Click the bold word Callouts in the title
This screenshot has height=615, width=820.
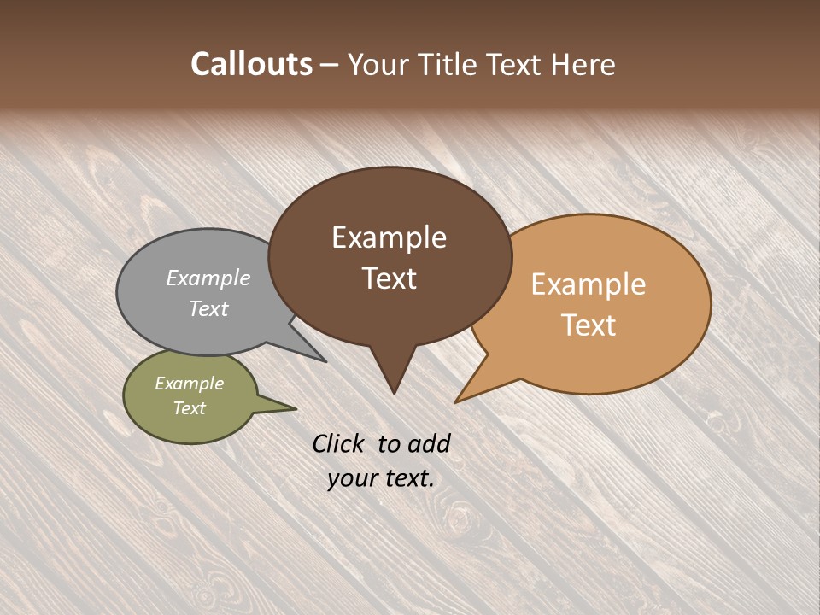point(251,64)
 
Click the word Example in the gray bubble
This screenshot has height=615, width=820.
point(208,278)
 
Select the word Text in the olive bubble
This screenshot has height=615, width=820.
point(190,408)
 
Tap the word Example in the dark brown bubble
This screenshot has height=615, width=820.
point(389,237)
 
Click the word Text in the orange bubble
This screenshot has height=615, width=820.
point(589,325)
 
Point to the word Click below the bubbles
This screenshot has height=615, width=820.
point(339,443)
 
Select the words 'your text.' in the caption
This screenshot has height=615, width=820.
point(381,478)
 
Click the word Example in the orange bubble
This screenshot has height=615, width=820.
point(589,284)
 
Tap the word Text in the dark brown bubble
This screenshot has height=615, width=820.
point(389,278)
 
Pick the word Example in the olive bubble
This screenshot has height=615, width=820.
point(190,384)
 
